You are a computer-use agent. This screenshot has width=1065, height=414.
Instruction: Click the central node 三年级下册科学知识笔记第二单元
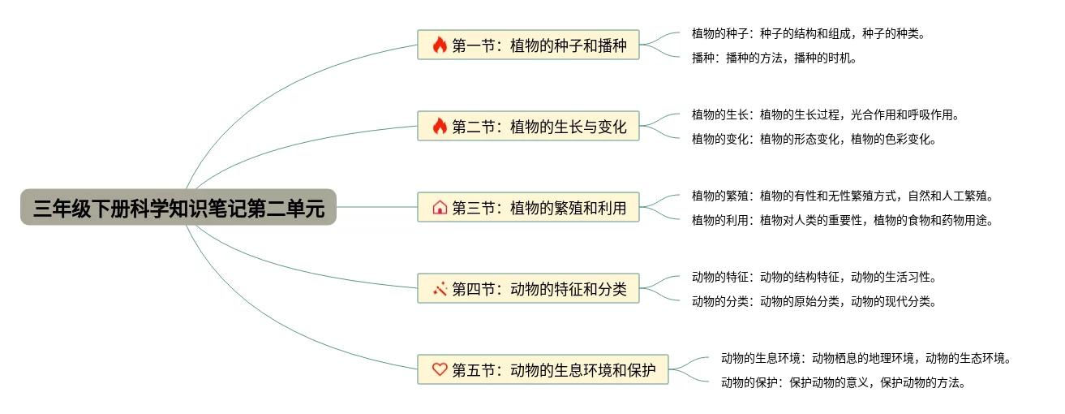click(x=178, y=208)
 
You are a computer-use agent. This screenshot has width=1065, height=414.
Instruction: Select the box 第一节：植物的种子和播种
click(x=528, y=45)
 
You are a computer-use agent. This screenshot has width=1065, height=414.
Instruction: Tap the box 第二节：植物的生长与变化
click(x=528, y=126)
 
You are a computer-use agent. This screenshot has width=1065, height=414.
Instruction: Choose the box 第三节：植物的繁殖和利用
click(x=528, y=207)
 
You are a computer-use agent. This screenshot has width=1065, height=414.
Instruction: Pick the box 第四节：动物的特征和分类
click(x=528, y=288)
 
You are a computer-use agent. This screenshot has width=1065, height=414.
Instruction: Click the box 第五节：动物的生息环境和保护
click(x=543, y=369)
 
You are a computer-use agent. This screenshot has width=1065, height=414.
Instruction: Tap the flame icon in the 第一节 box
click(x=440, y=45)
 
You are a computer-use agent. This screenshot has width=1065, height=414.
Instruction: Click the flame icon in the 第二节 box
click(x=440, y=126)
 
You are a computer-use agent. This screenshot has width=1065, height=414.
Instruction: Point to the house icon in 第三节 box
click(x=440, y=207)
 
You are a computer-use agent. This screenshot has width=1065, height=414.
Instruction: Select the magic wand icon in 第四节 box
click(x=440, y=288)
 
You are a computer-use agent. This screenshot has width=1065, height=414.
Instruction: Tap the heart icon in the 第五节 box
click(x=440, y=369)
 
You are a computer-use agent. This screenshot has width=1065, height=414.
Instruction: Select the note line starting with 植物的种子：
click(x=808, y=33)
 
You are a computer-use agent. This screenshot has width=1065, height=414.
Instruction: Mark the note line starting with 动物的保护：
click(x=844, y=382)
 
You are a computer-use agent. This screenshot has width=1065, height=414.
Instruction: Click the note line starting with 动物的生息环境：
click(x=866, y=358)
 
